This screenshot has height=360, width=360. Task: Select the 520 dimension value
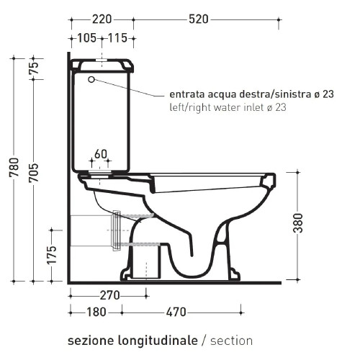199,19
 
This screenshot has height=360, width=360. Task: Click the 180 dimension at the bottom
95,312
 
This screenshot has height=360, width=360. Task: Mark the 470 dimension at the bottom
175,312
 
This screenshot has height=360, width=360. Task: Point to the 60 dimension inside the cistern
100,153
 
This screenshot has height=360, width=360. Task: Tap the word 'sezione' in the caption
89,340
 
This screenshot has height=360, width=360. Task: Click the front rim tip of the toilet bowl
272,177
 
